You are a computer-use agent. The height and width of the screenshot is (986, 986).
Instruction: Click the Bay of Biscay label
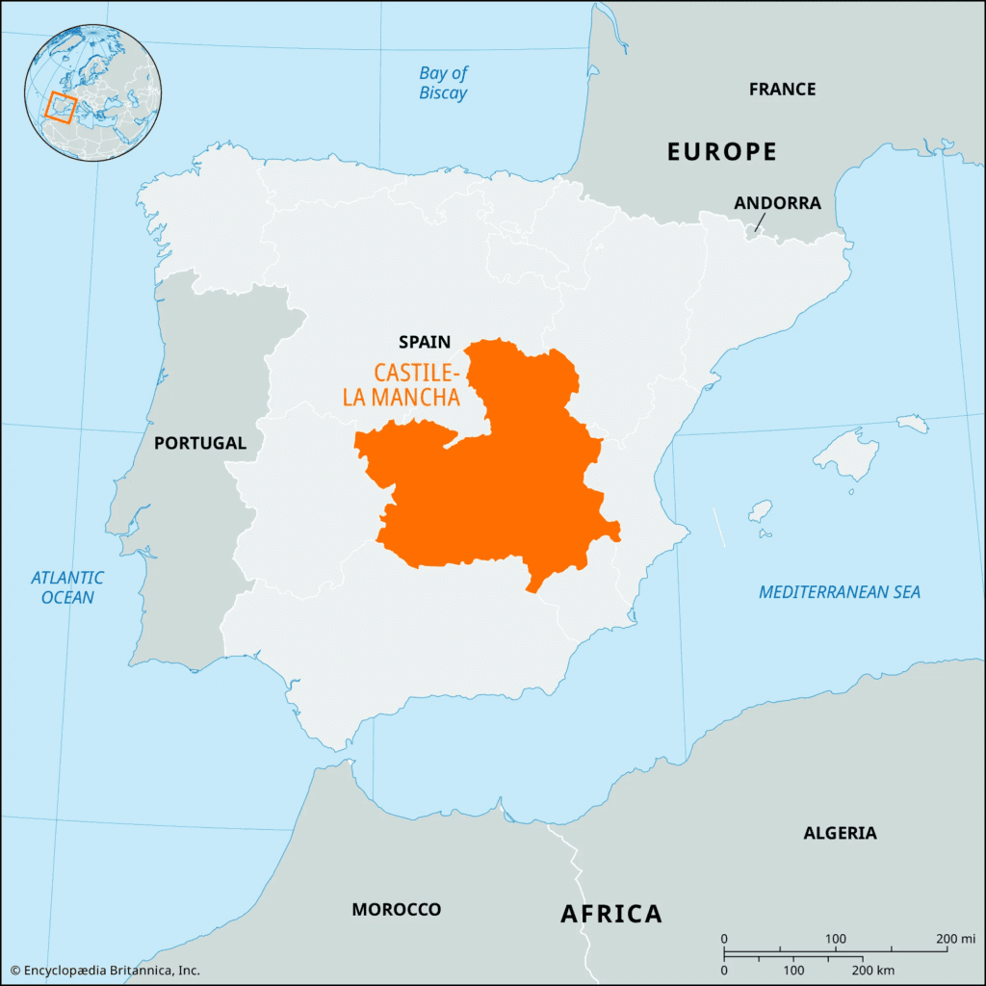(x=443, y=83)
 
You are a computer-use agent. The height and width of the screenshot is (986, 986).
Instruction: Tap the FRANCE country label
(x=782, y=90)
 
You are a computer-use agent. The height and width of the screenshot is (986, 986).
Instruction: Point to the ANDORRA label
(x=777, y=203)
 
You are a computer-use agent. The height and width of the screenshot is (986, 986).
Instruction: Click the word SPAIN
(x=425, y=341)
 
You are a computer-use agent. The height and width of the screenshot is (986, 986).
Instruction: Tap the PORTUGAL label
(x=200, y=443)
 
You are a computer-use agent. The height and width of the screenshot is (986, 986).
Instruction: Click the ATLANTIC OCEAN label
(x=67, y=587)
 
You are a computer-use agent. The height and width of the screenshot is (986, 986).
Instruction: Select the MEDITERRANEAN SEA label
(x=839, y=592)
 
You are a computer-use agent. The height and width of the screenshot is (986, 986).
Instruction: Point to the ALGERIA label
(x=840, y=833)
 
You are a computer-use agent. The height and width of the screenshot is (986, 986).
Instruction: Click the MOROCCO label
(x=396, y=909)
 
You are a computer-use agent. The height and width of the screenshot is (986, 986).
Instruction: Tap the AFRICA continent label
(x=611, y=914)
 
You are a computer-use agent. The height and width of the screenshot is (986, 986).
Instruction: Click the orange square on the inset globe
(x=60, y=106)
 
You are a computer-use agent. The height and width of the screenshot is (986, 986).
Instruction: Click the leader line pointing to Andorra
(x=760, y=223)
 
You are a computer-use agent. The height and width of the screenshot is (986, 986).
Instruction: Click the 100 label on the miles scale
(x=835, y=939)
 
